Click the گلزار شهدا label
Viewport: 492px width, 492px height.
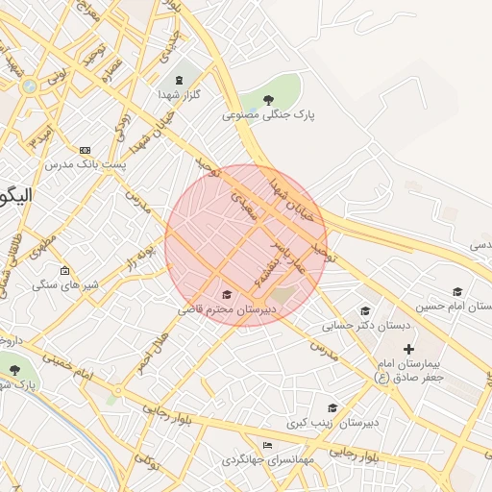point(178,95)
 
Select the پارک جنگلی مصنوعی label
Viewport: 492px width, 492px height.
point(269,114)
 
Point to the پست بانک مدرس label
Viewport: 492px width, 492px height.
point(84,166)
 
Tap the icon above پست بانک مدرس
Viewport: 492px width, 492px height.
point(85,151)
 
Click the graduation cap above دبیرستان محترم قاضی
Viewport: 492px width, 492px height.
point(227,294)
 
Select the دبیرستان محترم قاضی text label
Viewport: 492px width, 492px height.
point(227,309)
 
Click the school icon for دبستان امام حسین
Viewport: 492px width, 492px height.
point(457,291)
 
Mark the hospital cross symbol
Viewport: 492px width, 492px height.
point(408,348)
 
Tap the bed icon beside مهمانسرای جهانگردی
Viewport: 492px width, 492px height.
point(267,444)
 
